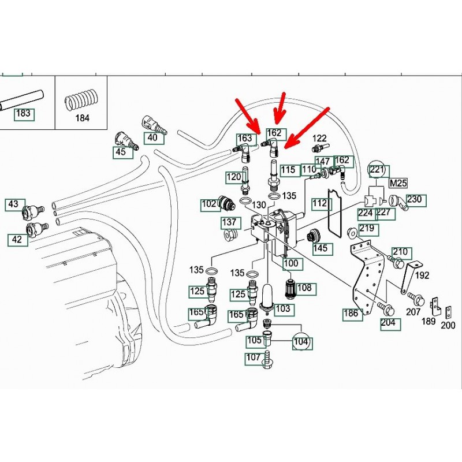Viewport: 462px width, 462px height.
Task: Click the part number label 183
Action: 23,113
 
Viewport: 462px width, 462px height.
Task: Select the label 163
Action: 245,139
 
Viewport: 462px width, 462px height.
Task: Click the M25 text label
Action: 398,183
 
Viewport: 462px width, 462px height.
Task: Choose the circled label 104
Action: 301,341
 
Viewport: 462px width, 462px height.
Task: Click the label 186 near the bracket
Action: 351,314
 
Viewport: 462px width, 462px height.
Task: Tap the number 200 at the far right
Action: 448,325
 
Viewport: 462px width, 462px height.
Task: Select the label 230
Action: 415,200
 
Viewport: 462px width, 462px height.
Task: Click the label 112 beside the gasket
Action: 319,203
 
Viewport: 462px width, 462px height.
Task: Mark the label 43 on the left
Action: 14,204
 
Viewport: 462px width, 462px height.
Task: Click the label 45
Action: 120,152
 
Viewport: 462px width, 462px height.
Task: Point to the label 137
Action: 230,223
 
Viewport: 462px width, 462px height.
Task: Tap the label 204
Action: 388,322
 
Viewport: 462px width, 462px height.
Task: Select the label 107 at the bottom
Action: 254,357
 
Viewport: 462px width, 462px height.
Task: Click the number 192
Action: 422,275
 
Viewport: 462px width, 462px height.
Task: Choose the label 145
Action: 320,248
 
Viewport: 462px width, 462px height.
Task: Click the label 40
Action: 152,137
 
